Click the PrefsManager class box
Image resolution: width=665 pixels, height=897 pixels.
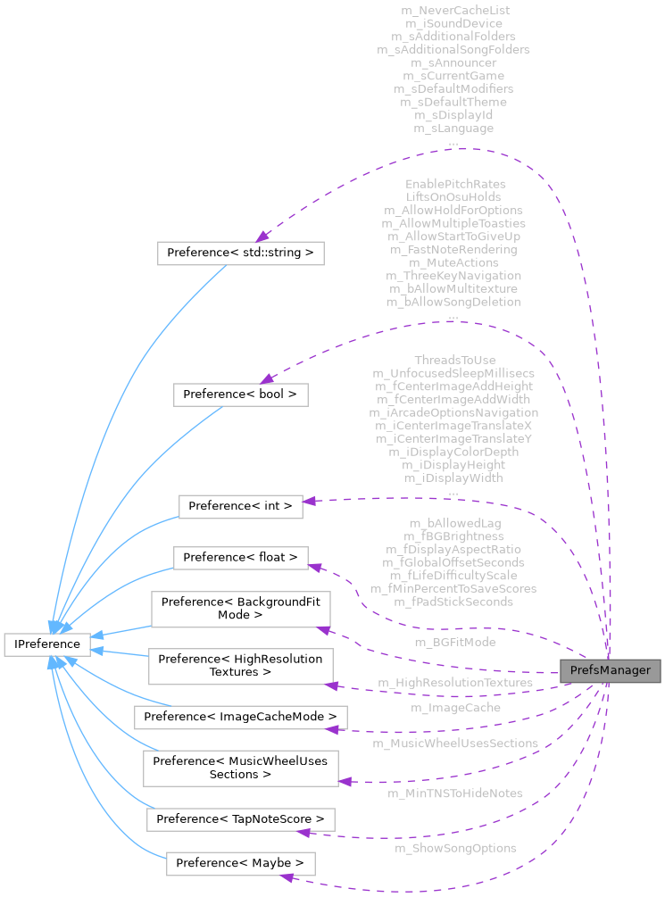pyautogui.click(x=610, y=670)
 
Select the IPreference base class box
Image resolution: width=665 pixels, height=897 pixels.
pyautogui.click(x=46, y=644)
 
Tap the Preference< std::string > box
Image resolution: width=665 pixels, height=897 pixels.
pyautogui.click(x=240, y=253)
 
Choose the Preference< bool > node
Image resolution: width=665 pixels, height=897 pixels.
pyautogui.click(x=240, y=394)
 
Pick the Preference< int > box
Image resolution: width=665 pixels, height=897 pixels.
pyautogui.click(x=241, y=506)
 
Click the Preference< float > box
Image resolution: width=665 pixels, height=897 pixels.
pyautogui.click(x=241, y=558)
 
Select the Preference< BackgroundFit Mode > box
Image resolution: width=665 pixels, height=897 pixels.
pyautogui.click(x=241, y=609)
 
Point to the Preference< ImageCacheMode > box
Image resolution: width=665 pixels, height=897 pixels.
pyautogui.click(x=240, y=716)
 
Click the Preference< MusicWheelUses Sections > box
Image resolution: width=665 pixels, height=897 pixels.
pyautogui.click(x=241, y=768)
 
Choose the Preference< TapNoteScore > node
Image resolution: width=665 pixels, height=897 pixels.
pyautogui.click(x=241, y=818)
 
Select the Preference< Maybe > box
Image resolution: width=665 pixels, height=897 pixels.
pyautogui.click(x=241, y=863)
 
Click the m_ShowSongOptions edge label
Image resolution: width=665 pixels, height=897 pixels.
pyautogui.click(x=455, y=848)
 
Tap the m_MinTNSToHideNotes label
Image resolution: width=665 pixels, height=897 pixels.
pyautogui.click(x=455, y=793)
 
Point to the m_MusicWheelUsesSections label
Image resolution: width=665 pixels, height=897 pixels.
pyautogui.click(x=455, y=743)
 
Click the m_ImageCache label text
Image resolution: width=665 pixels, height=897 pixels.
pyautogui.click(x=455, y=708)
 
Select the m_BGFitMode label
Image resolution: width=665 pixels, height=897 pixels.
pyautogui.click(x=455, y=642)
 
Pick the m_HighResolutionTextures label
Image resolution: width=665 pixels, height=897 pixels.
pyautogui.click(x=455, y=683)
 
